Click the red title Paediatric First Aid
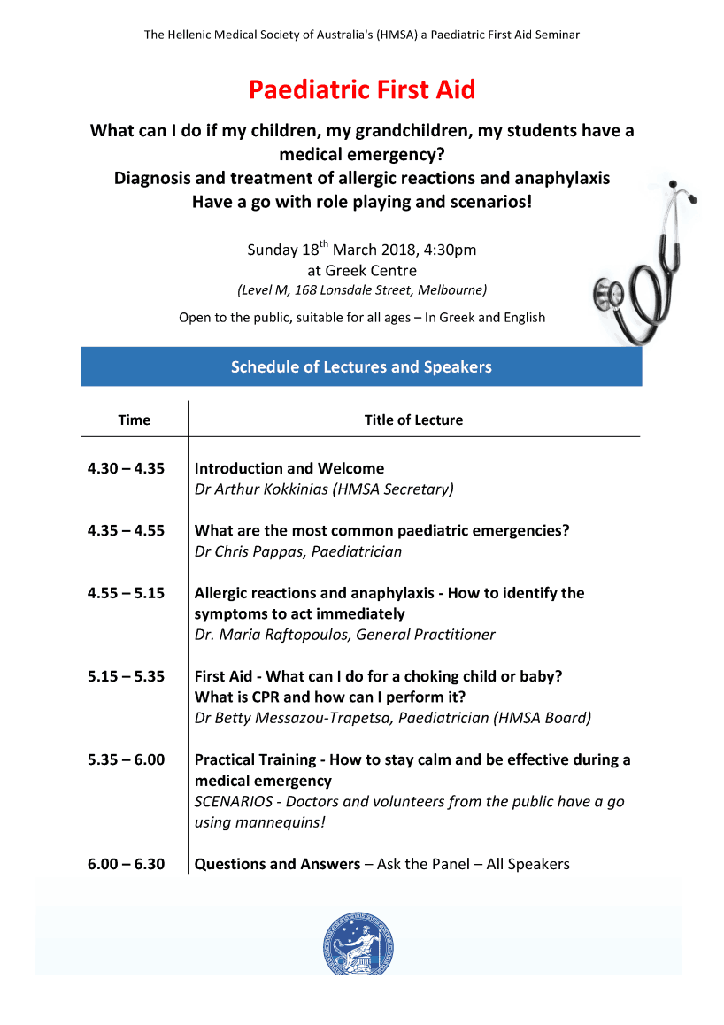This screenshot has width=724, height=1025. click(x=361, y=89)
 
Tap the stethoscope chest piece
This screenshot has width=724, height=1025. click(x=607, y=293)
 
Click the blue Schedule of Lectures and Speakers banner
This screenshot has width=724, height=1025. click(x=361, y=366)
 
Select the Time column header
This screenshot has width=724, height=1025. click(x=134, y=420)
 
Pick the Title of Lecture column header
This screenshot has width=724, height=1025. click(x=413, y=420)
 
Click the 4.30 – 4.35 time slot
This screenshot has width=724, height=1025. click(x=126, y=468)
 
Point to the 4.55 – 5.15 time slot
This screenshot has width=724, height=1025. click(x=126, y=593)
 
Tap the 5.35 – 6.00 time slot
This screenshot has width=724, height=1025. click(x=126, y=759)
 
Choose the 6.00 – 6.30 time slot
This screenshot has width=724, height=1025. click(x=126, y=864)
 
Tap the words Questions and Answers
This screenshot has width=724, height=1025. click(x=277, y=864)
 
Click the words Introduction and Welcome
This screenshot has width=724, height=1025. click(x=289, y=468)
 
